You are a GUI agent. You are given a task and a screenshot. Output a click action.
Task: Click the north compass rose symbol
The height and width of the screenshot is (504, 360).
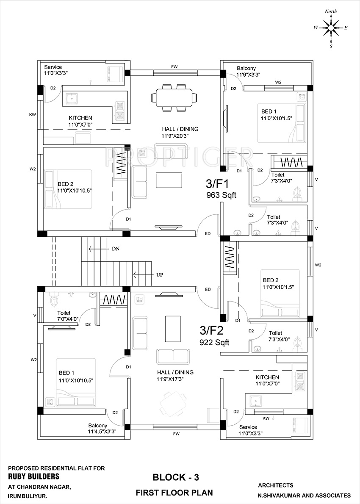[331, 28]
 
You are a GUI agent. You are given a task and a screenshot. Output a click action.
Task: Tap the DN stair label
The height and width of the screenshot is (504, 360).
[115, 249]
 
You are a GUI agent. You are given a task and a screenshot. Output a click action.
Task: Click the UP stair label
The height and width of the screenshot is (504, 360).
[160, 275]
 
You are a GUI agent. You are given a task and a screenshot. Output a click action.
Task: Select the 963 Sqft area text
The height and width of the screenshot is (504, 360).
[221, 195]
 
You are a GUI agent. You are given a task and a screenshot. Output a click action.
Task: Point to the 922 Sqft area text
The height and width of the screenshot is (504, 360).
[214, 342]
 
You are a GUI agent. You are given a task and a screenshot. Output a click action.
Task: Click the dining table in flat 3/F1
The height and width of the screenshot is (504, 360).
[174, 98]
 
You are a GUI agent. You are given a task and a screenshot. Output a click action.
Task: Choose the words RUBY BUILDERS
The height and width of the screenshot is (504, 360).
[33, 476]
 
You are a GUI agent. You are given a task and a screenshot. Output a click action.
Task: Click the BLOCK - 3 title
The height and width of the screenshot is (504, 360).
[176, 477]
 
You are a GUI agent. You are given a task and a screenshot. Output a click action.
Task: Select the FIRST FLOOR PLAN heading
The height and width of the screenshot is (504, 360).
[174, 493]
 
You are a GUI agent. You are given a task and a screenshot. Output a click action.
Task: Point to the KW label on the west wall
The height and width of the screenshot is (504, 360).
[33, 114]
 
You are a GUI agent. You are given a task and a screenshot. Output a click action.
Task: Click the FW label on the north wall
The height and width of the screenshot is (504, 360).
[174, 67]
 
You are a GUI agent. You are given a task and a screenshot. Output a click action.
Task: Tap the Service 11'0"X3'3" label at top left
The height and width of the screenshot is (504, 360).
[56, 70]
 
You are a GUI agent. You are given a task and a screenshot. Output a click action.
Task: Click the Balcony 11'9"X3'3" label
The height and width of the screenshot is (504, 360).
[249, 71]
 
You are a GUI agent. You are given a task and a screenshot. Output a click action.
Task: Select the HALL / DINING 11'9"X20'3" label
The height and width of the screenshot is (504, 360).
[180, 132]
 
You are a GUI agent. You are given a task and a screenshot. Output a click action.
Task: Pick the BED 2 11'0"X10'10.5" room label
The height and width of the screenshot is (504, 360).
[74, 187]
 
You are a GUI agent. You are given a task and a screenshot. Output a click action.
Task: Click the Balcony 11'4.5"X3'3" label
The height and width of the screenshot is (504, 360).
[102, 429]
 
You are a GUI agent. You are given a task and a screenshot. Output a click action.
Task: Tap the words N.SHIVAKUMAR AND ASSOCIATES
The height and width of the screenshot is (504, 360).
[304, 496]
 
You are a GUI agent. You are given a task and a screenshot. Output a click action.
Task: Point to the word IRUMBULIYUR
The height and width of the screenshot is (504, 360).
[28, 496]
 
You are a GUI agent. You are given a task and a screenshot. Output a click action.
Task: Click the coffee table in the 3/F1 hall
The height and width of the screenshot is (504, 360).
[169, 180]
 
